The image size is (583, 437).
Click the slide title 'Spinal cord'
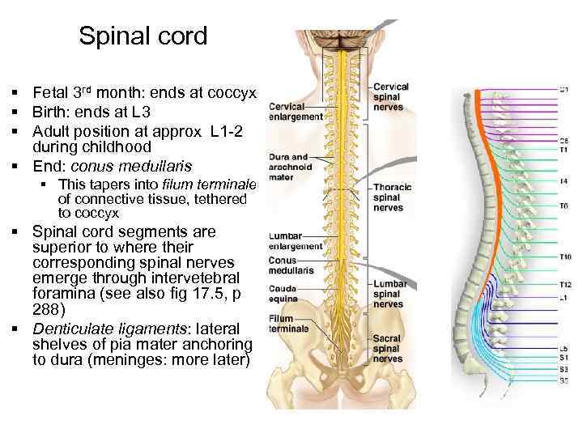pos(143,36)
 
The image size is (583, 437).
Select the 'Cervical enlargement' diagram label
pos(295,112)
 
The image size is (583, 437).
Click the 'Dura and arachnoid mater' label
pos(289,167)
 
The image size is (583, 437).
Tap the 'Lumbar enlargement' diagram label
pos(296,241)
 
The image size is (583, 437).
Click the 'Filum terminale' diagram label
pos(289,325)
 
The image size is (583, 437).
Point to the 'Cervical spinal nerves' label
pos(391,96)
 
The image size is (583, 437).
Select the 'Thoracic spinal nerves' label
pos(393,197)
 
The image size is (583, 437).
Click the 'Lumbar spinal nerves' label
pos(389,295)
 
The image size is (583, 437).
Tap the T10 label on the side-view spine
pos(564,257)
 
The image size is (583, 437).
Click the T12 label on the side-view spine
pos(564,285)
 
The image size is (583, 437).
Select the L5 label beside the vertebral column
pos(564,348)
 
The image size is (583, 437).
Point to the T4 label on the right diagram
pos(564,180)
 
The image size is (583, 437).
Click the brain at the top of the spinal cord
pos(344,37)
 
